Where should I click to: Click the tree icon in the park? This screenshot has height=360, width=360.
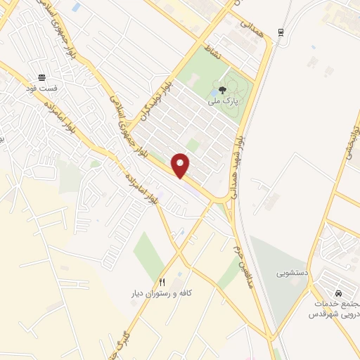coord(222,89)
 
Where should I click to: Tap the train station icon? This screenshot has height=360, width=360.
coord(281,32)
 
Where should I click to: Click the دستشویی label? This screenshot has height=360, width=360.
coord(290,271)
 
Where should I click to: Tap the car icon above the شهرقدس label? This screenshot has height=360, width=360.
coord(338,292)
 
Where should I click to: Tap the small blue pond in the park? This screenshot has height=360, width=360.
coord(214,91)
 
